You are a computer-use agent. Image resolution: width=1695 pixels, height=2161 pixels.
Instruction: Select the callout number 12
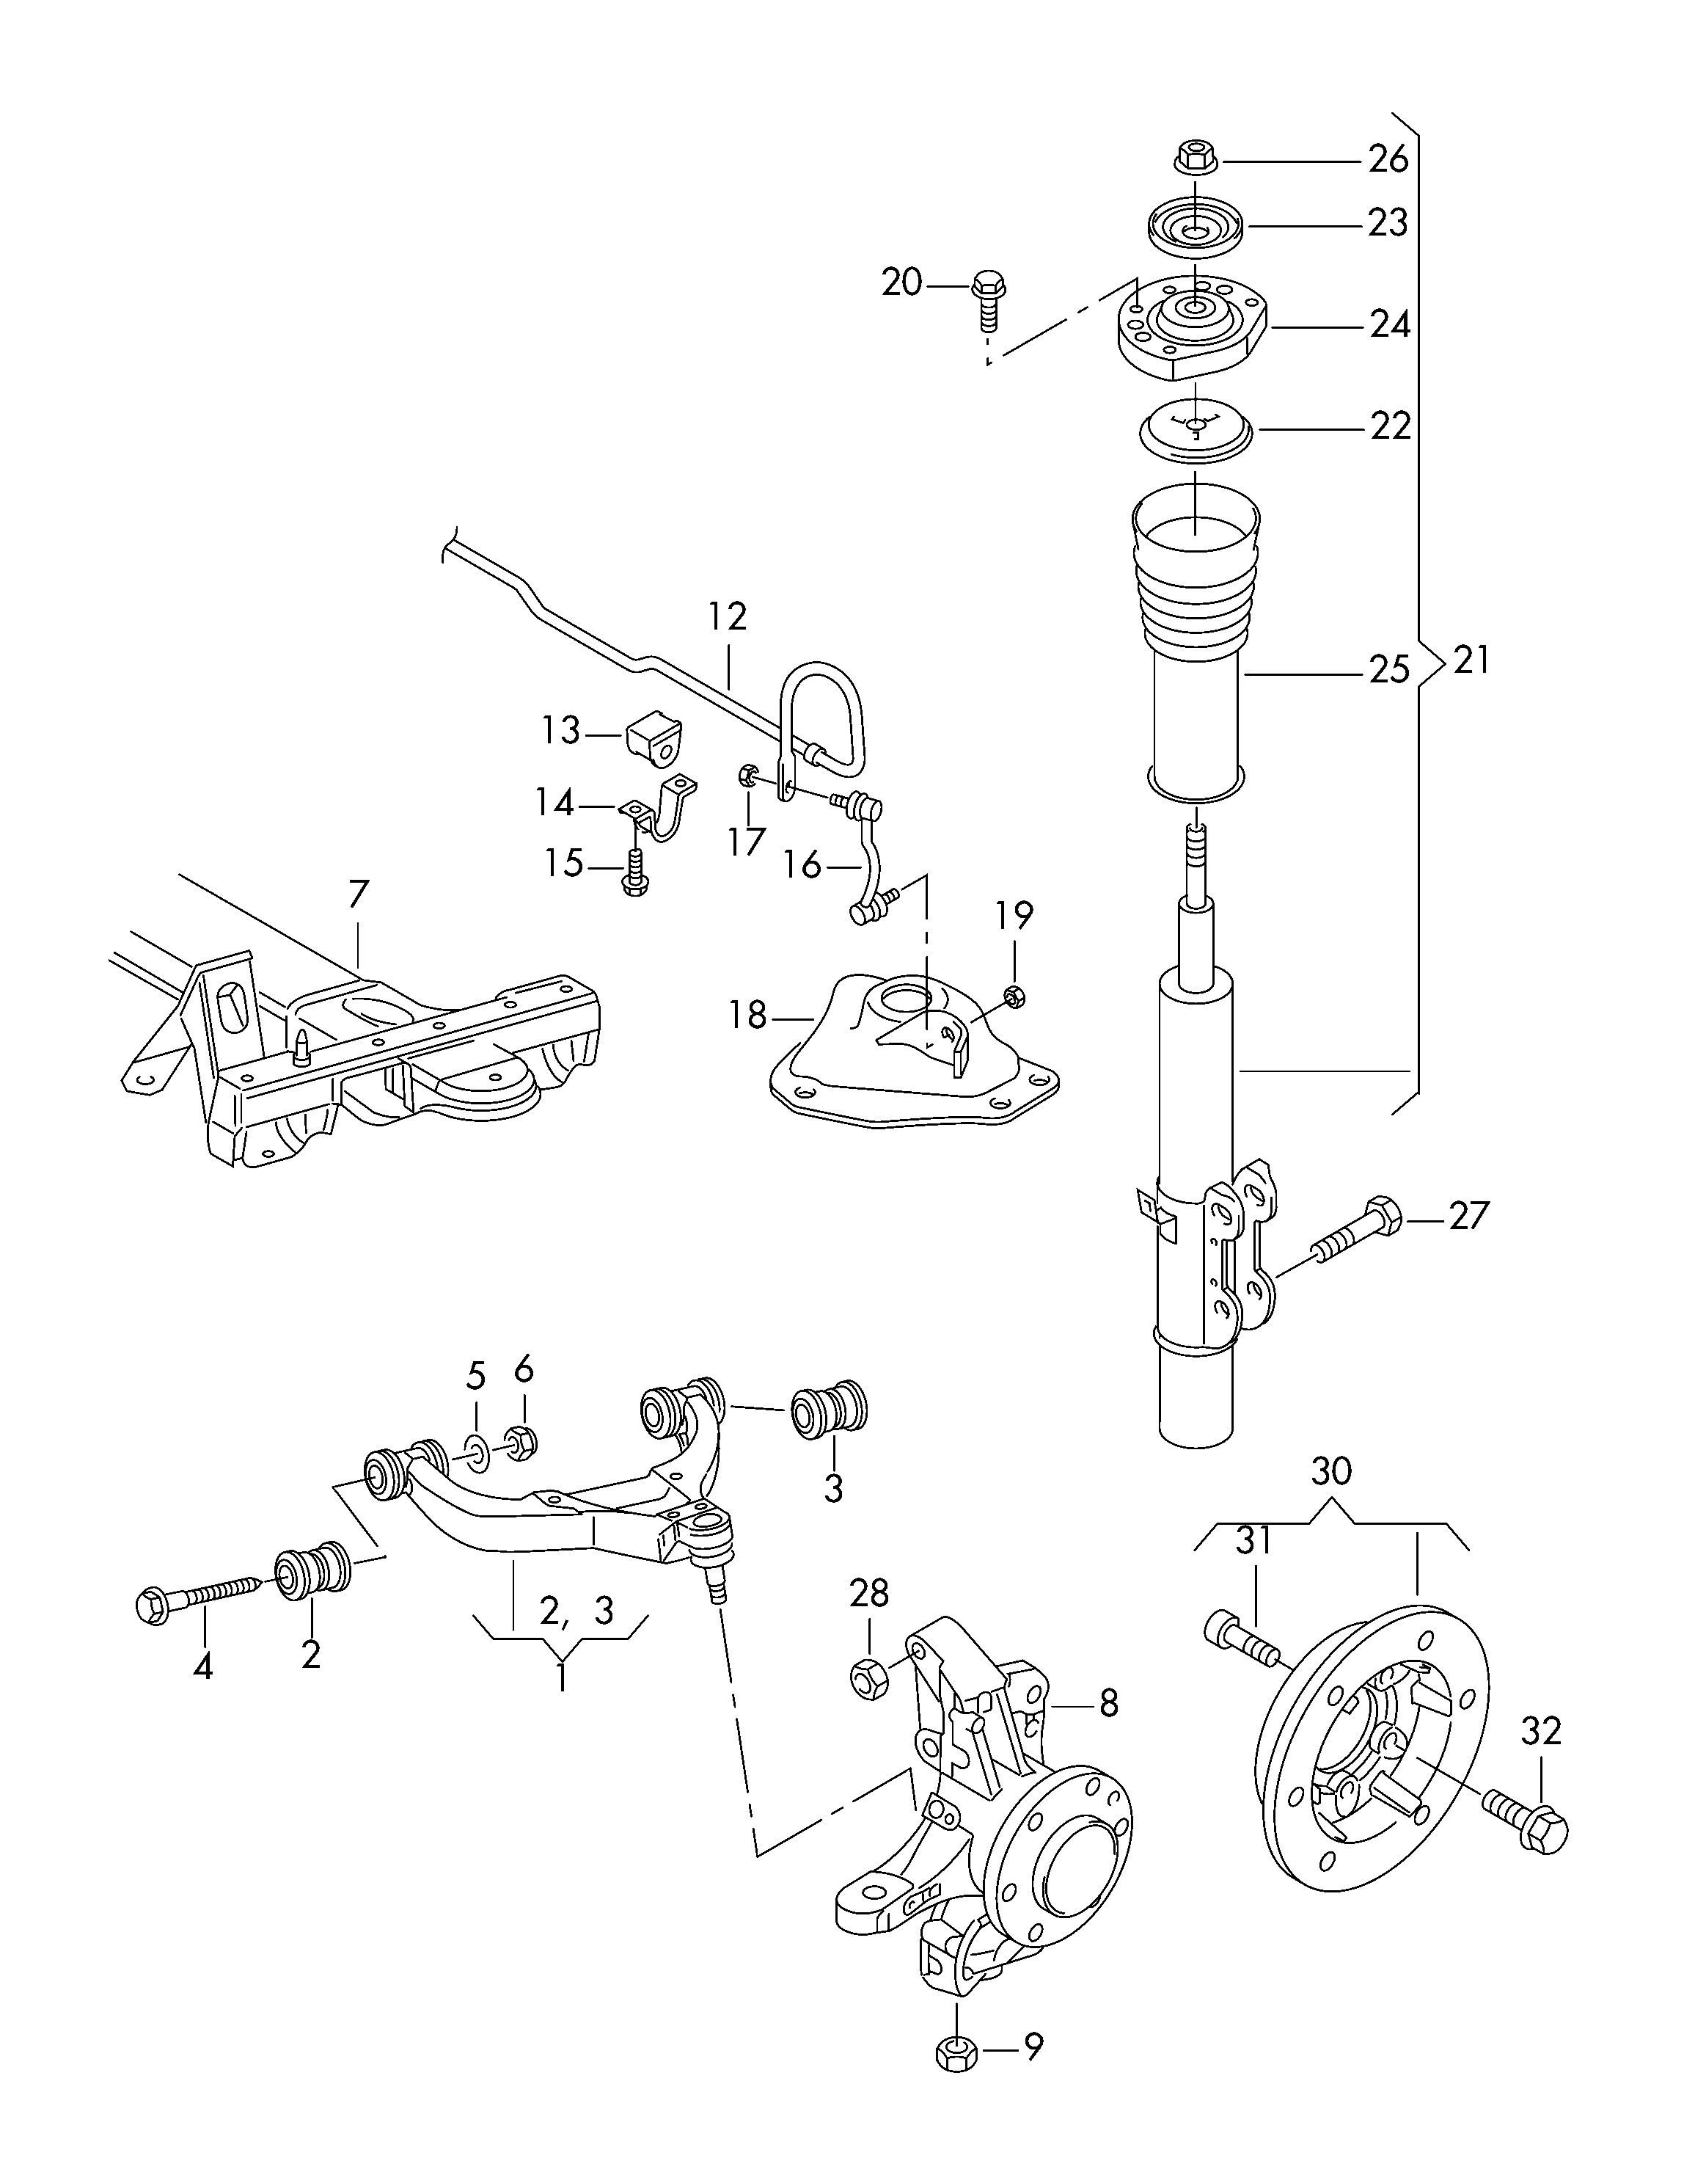coord(728,617)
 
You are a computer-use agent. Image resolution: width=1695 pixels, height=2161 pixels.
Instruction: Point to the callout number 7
coord(357,895)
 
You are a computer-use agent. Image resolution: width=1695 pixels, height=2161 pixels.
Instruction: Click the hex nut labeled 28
coord(868,1677)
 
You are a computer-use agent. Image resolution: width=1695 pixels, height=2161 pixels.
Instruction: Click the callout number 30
coord(1330,1472)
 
